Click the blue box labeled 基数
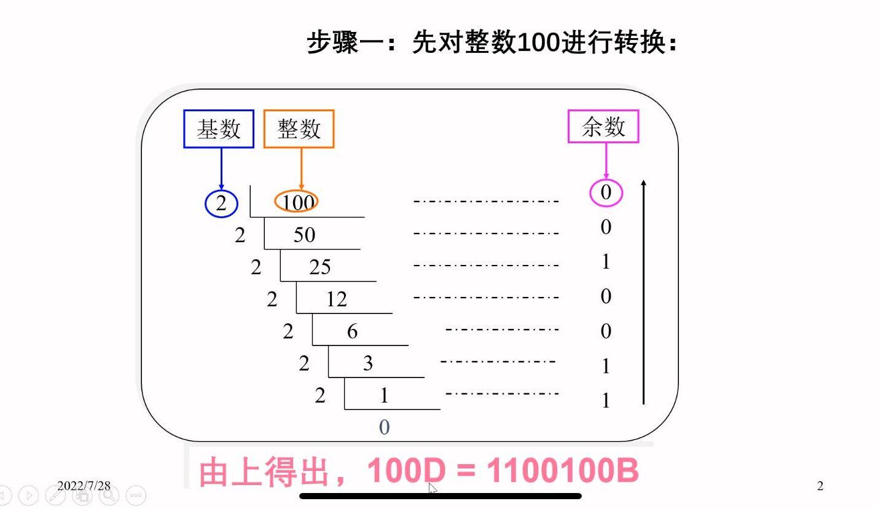tap(219, 129)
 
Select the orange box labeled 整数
tap(299, 129)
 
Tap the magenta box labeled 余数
tap(603, 127)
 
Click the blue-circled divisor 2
tap(221, 203)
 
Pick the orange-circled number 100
tap(297, 202)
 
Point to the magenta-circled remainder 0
tap(606, 193)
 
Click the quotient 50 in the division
tap(304, 235)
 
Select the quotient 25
tap(320, 267)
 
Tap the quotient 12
tap(336, 299)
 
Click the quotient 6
tap(352, 332)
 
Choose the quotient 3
tap(368, 364)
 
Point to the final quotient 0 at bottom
tap(384, 427)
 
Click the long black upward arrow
tap(643, 292)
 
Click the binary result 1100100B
tap(562, 472)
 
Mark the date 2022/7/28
tap(84, 486)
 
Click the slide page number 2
tap(820, 486)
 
